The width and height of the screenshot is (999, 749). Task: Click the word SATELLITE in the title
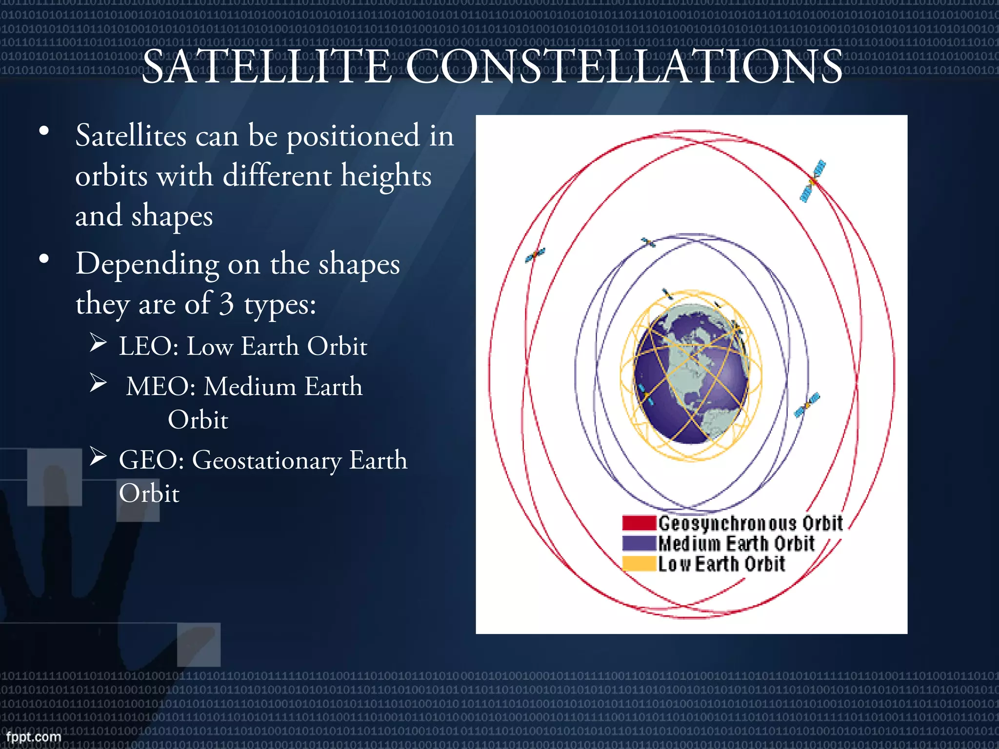tap(266, 67)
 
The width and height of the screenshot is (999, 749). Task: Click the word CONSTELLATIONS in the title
tap(624, 67)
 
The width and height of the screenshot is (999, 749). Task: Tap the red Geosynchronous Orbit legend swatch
tap(639, 523)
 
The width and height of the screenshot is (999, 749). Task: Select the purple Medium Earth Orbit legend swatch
tap(639, 543)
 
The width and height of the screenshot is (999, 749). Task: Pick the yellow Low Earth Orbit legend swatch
tap(639, 564)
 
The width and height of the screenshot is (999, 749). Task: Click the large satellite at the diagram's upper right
tap(813, 181)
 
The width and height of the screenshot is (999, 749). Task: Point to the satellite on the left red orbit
tap(535, 255)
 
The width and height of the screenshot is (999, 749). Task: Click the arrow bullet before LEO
tap(98, 343)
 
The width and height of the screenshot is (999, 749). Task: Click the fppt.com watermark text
tap(34, 736)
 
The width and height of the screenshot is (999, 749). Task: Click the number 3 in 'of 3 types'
tap(226, 304)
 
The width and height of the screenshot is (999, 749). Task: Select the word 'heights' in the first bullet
tap(386, 176)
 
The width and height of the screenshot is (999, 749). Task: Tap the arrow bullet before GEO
tap(98, 457)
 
